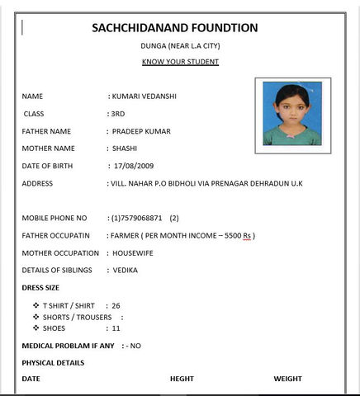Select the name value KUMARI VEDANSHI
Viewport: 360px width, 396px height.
145,97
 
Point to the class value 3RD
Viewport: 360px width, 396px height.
117,114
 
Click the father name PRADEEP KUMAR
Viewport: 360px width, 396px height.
145,131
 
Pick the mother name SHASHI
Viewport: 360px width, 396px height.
126,148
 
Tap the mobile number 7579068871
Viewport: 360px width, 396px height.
141,219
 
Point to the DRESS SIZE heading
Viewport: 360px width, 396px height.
40,287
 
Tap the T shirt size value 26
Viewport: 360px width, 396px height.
116,305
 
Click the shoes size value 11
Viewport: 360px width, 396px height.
116,328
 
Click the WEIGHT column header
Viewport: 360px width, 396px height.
289,379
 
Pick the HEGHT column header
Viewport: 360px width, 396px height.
182,379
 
